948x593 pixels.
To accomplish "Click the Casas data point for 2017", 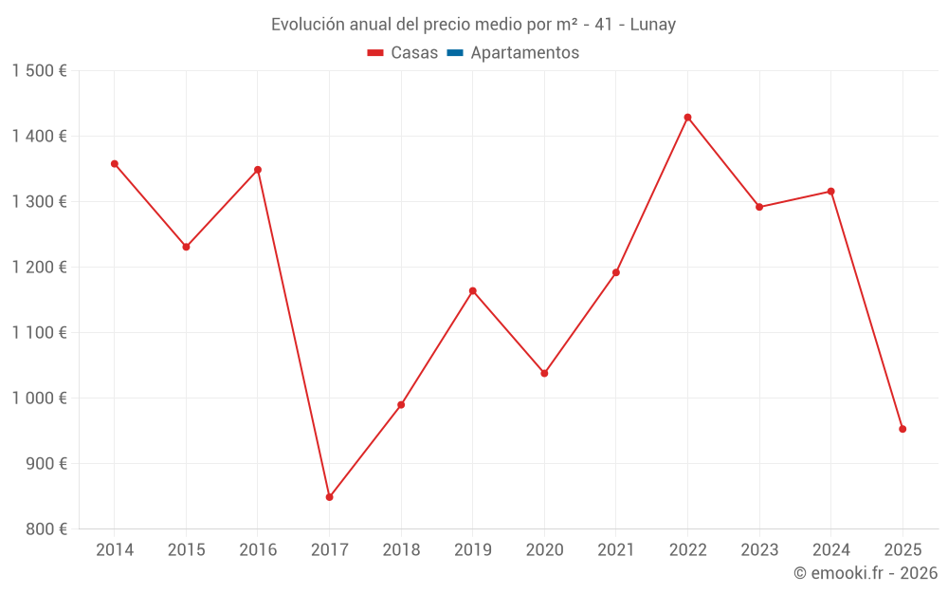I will point(329,497).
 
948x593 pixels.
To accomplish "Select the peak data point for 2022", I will point(687,118).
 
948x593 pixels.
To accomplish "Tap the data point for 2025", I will point(902,429).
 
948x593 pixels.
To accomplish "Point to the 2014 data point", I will point(115,164).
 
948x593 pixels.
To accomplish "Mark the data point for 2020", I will point(544,373).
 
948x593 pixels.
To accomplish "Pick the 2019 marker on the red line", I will point(472,291).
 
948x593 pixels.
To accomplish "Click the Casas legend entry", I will point(403,53).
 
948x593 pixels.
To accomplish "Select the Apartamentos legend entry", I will point(513,53).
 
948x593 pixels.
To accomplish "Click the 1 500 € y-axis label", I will point(40,71).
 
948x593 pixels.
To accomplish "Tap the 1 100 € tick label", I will point(40,333).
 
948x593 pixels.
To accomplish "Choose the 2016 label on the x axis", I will point(258,550).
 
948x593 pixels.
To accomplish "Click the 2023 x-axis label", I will point(759,550).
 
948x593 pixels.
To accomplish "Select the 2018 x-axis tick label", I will point(401,550).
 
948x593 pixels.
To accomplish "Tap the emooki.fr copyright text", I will point(866,573).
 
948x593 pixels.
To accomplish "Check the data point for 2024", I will point(830,192).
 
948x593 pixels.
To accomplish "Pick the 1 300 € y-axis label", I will point(40,202).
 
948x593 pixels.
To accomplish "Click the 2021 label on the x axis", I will point(616,550).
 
